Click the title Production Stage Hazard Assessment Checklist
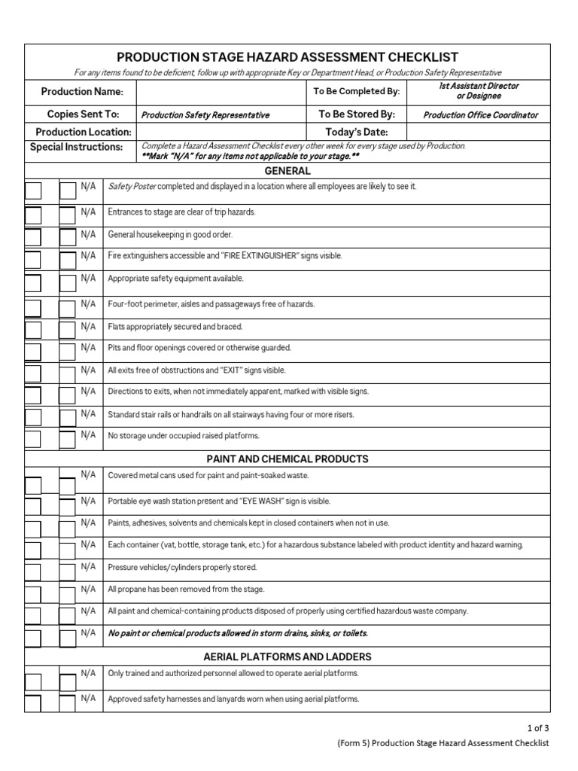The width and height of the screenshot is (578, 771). click(x=287, y=57)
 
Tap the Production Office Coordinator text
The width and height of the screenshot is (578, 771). click(x=480, y=115)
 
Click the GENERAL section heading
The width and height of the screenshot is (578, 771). click(x=287, y=171)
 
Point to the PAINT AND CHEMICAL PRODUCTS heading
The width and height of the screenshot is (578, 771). click(x=287, y=459)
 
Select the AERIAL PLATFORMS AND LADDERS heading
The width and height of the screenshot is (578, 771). click(x=287, y=657)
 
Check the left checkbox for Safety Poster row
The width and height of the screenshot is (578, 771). click(x=33, y=190)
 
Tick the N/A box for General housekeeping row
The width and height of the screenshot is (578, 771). click(x=68, y=238)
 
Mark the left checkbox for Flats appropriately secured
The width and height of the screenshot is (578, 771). click(x=33, y=330)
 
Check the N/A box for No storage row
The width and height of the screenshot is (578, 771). click(x=68, y=439)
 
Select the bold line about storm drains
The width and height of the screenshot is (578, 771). click(x=238, y=633)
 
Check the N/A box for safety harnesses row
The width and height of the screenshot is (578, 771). click(x=68, y=702)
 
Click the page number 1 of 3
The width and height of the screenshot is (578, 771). click(x=538, y=727)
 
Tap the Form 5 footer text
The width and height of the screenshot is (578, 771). click(x=443, y=743)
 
